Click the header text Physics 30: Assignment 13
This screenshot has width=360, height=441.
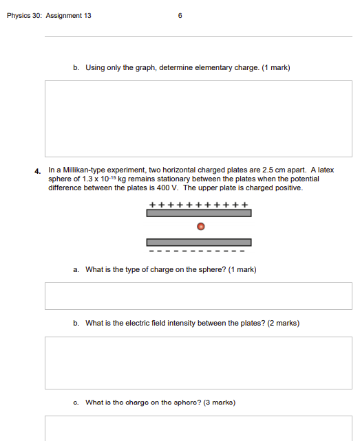click(x=49, y=16)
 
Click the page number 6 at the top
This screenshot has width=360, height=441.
click(x=180, y=16)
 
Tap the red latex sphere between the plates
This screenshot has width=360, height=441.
click(x=200, y=227)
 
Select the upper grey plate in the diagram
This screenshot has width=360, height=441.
click(x=198, y=213)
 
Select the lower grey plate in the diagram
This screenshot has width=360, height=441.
click(x=198, y=242)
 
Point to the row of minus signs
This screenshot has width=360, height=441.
click(x=198, y=251)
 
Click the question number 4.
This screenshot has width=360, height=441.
click(x=39, y=170)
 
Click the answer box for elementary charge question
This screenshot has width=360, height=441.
click(x=198, y=119)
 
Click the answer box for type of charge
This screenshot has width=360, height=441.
click(x=198, y=296)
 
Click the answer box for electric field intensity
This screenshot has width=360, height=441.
click(x=198, y=363)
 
